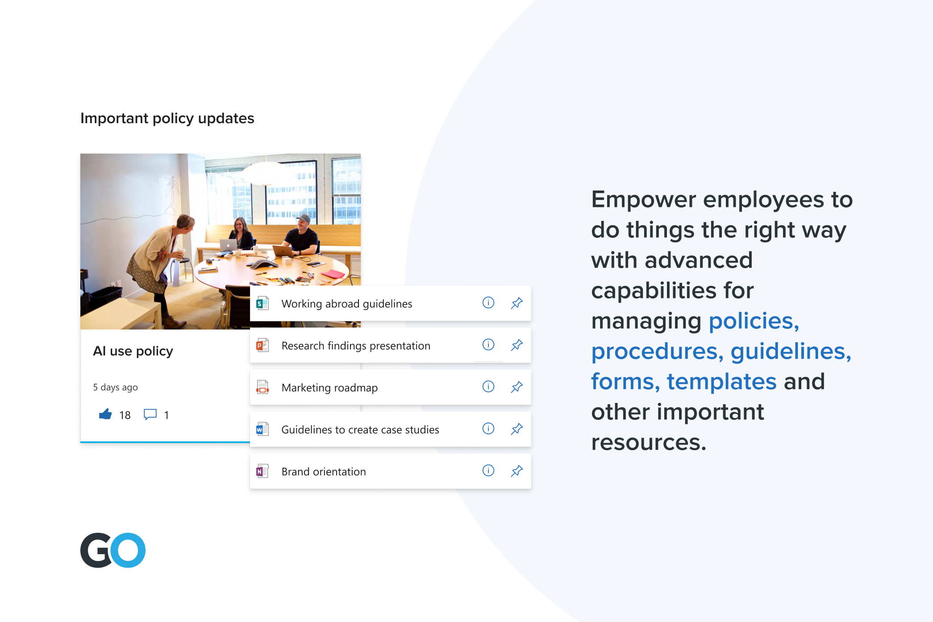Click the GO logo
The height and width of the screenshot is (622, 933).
(113, 550)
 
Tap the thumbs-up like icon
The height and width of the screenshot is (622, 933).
(105, 415)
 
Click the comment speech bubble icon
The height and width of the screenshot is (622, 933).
(150, 415)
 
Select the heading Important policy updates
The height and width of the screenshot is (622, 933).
(167, 118)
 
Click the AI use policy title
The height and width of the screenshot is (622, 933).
(133, 351)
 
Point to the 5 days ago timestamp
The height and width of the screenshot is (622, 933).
(115, 387)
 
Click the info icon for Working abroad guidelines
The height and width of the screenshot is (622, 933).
(488, 303)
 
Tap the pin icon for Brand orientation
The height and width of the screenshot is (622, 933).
(516, 471)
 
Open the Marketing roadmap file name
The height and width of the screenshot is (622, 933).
(329, 388)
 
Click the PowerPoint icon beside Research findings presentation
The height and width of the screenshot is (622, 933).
(262, 345)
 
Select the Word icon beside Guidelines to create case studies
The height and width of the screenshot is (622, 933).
(262, 429)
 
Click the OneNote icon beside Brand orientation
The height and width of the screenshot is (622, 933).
(262, 471)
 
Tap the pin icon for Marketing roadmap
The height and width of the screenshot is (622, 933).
(516, 387)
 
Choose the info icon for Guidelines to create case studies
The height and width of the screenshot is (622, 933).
(488, 429)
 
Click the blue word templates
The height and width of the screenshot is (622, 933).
(722, 381)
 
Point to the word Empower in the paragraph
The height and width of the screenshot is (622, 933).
(643, 200)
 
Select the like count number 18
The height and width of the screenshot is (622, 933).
(125, 415)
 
